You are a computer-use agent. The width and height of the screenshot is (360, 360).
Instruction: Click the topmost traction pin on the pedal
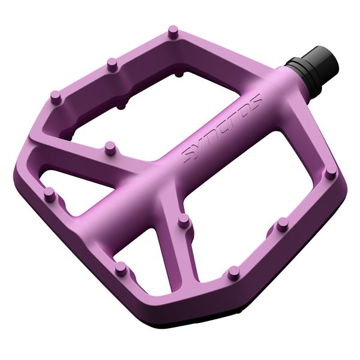click(x=173, y=31)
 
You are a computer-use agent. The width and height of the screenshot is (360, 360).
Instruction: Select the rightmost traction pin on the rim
click(x=331, y=173)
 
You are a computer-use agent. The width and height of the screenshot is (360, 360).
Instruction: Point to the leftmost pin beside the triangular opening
click(x=50, y=194)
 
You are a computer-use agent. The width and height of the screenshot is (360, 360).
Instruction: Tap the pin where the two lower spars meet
click(x=184, y=222)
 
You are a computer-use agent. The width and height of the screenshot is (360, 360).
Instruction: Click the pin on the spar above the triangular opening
click(x=110, y=147)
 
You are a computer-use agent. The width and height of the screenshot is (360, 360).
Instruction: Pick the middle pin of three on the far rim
click(x=111, y=63)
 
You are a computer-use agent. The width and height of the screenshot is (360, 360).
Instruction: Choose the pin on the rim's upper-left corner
click(x=56, y=97)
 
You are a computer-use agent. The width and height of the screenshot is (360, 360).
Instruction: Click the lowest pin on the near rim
click(x=232, y=273)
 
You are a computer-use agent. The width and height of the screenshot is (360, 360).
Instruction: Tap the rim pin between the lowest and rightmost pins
click(x=282, y=224)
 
